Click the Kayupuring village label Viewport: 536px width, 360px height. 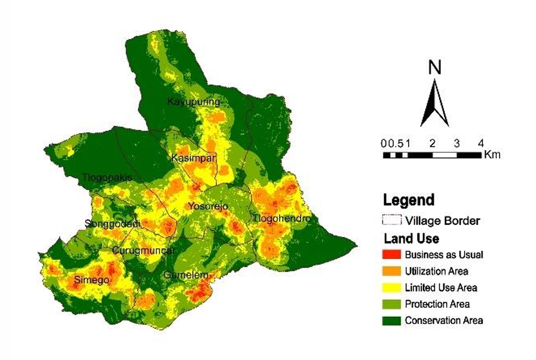click(x=193, y=102)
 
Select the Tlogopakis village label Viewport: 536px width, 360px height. click(x=106, y=177)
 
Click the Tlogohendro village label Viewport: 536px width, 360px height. click(x=282, y=219)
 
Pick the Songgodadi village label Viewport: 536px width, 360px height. click(x=112, y=224)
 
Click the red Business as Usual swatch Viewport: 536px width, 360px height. click(x=391, y=255)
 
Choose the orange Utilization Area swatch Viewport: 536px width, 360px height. click(x=391, y=271)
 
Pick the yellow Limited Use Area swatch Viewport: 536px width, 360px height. click(x=391, y=288)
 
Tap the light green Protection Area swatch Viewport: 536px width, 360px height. click(x=391, y=304)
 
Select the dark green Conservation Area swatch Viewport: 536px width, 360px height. click(x=391, y=321)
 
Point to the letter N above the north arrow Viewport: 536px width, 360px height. click(x=435, y=68)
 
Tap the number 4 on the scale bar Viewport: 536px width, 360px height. click(x=481, y=143)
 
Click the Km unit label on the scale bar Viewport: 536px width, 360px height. click(x=492, y=155)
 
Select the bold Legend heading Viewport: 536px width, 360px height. click(x=409, y=199)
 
